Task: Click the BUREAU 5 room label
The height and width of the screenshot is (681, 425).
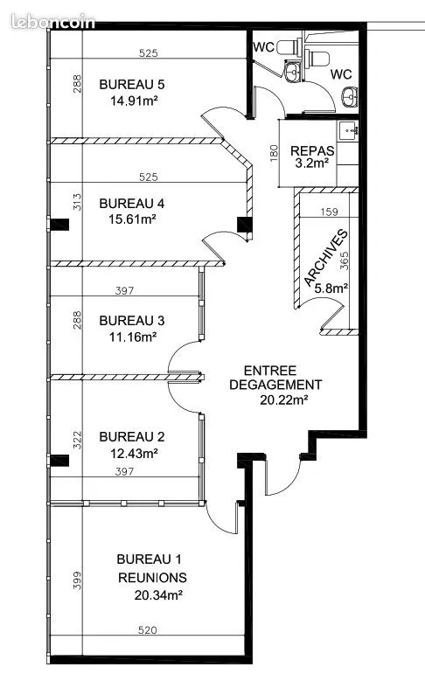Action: pyautogui.click(x=132, y=84)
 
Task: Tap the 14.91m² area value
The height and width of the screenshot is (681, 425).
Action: pyautogui.click(x=134, y=101)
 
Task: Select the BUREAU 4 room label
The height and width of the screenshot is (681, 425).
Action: pyautogui.click(x=132, y=204)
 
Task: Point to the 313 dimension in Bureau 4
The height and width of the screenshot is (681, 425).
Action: pyautogui.click(x=77, y=202)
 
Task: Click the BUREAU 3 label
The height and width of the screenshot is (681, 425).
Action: pyautogui.click(x=132, y=321)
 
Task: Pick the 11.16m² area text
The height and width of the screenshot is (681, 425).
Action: pyautogui.click(x=133, y=337)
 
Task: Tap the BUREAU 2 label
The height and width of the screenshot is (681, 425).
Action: pyautogui.click(x=132, y=437)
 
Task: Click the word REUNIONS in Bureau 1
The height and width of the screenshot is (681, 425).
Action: pyautogui.click(x=152, y=578)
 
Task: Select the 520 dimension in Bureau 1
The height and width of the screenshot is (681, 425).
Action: pyautogui.click(x=147, y=629)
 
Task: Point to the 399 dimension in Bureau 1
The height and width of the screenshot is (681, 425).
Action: pyautogui.click(x=77, y=580)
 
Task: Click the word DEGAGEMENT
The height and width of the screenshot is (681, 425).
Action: pyautogui.click(x=275, y=385)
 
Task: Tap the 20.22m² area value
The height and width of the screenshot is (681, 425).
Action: pyautogui.click(x=284, y=400)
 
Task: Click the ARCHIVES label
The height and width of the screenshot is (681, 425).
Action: pyautogui.click(x=326, y=258)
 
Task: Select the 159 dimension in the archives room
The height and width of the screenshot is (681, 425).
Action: pyautogui.click(x=329, y=212)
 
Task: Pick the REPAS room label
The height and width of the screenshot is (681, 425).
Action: pyautogui.click(x=312, y=151)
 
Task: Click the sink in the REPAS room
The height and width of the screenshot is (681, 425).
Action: pyautogui.click(x=348, y=130)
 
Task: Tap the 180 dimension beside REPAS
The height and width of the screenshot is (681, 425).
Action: pyautogui.click(x=274, y=153)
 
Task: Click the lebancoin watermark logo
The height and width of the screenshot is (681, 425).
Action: pyautogui.click(x=53, y=21)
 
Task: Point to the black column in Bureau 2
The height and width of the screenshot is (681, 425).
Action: pyautogui.click(x=59, y=461)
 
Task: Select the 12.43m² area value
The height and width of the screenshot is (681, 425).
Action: pyautogui.click(x=134, y=454)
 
